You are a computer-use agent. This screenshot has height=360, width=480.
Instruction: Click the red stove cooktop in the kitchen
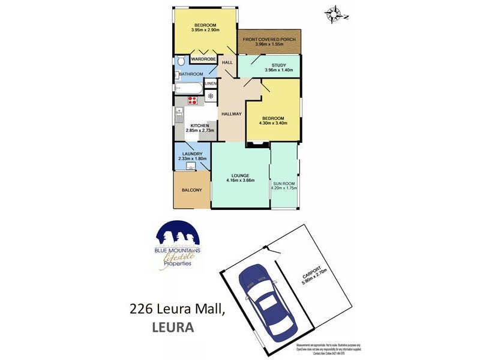[x=193, y=100]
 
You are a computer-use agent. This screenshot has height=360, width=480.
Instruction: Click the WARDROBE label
[x=203, y=59]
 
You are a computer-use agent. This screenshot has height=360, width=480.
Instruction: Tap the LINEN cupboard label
[x=211, y=83]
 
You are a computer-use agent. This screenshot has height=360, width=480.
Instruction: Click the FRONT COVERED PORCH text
[x=269, y=40]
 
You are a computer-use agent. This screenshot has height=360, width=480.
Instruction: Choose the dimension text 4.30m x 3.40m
[x=271, y=124]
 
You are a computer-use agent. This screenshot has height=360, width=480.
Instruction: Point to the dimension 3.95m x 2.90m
[x=205, y=30]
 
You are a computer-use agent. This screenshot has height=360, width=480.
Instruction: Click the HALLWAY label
[x=231, y=114]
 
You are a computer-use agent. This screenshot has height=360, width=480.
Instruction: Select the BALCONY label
[x=191, y=190]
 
